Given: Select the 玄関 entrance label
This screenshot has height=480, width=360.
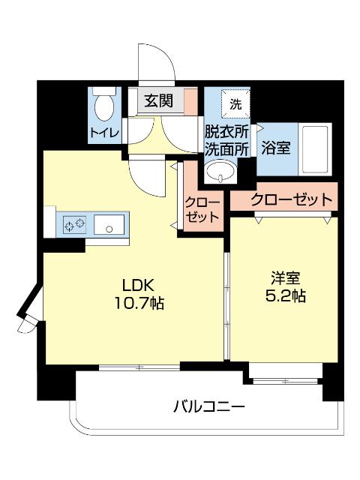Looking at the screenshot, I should coord(159,100).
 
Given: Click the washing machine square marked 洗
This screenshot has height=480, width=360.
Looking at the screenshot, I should coord(235,103).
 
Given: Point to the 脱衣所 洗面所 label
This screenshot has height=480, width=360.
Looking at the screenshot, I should coord(227,139).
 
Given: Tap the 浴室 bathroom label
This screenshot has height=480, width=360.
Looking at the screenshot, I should coord(275,148).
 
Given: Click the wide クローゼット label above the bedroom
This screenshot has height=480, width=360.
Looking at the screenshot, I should coord(291,199).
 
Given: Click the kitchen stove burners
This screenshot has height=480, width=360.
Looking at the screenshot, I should coord(75,223).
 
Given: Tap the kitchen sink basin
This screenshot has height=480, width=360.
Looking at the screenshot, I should coord(111,223).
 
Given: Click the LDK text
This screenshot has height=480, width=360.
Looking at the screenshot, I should coord(138,286).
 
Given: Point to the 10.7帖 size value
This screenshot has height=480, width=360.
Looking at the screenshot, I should coord(138,304).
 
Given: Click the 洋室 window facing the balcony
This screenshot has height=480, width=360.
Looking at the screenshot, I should coord(286,370).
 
